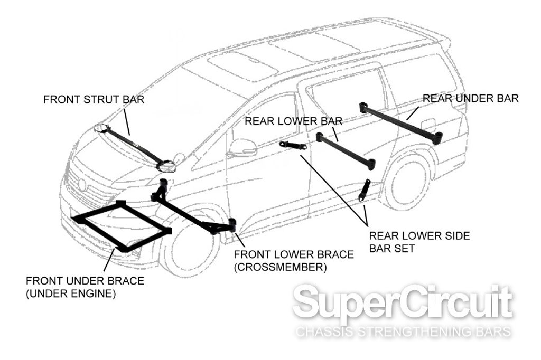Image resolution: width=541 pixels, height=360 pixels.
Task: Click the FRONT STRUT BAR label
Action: [x=94, y=100]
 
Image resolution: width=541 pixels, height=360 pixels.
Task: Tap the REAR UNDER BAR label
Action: [x=471, y=98]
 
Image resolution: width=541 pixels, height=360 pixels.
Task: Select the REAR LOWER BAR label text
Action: [x=293, y=121]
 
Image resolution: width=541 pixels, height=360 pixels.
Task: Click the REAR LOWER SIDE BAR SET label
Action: [x=419, y=242]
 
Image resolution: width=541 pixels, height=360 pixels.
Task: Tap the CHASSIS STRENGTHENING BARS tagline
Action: [x=403, y=333]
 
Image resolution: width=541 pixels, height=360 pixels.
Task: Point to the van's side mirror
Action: [x=241, y=147]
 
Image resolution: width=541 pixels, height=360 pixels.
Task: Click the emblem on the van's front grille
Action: [x=82, y=184]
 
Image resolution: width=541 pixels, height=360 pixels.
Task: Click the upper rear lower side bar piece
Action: [x=293, y=146]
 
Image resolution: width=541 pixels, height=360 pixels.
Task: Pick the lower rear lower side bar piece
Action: [x=365, y=190]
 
